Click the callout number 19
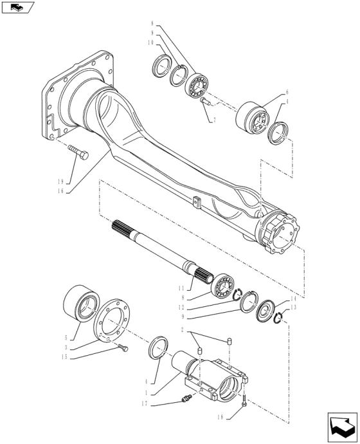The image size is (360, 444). point(60,182)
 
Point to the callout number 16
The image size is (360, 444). point(60,191)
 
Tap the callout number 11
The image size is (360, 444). point(181,288)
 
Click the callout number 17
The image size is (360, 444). point(145,404)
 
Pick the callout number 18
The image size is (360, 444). point(221,417)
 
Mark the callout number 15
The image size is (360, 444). point(64,356)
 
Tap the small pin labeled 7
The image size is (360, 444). point(205,101)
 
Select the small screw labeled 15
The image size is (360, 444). point(123,347)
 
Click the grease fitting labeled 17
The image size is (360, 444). point(186,398)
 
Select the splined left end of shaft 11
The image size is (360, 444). point(122,227)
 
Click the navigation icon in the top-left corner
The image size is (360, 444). point(17,7)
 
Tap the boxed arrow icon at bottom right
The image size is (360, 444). point(343,427)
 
